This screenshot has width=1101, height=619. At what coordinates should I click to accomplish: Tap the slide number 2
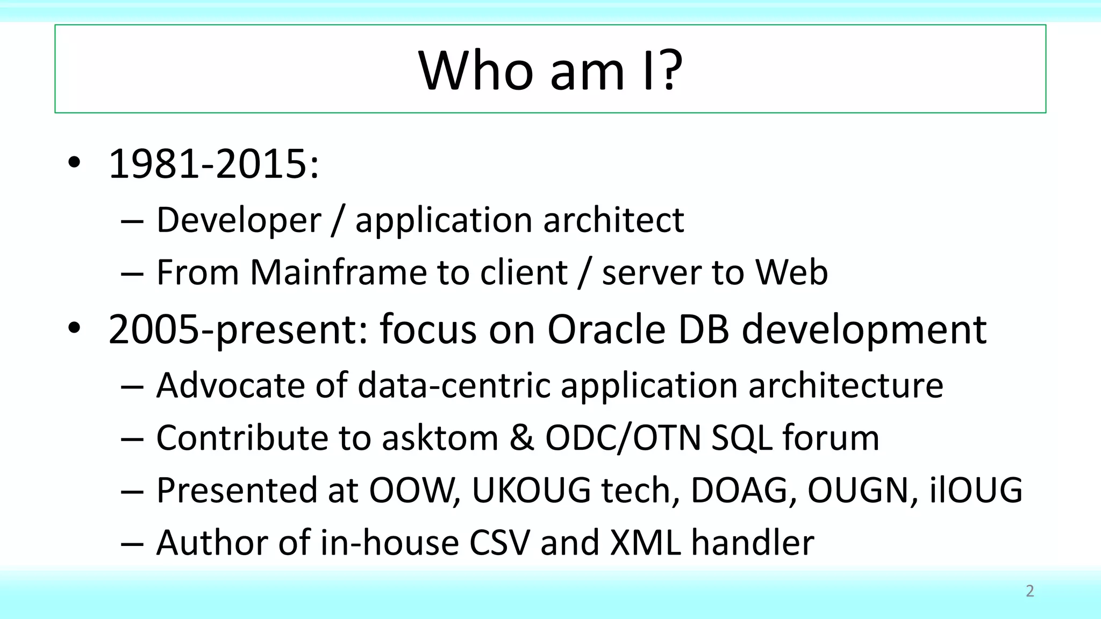pos(1029,591)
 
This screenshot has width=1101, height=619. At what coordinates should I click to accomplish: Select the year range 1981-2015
pos(213,164)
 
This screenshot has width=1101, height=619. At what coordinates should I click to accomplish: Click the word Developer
pos(239,220)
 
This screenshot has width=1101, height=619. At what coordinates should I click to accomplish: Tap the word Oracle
pos(606,329)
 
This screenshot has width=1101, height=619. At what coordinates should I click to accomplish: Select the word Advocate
pos(230,385)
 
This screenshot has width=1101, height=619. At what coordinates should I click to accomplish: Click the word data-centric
pos(453,385)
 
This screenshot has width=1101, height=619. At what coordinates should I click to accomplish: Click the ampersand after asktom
pos(521,437)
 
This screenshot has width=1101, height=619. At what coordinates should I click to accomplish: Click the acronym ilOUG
pos(975,490)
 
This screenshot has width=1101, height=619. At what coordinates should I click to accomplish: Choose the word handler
pos(753,542)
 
